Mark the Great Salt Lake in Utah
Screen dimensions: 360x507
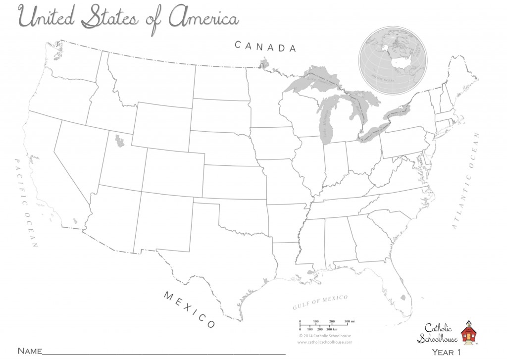(119, 142)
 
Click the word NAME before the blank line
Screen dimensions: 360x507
(29, 351)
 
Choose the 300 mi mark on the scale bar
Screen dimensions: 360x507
(349, 322)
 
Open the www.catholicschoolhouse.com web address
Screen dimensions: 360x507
(325, 342)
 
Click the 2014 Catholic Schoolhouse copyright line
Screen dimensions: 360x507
(325, 335)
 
